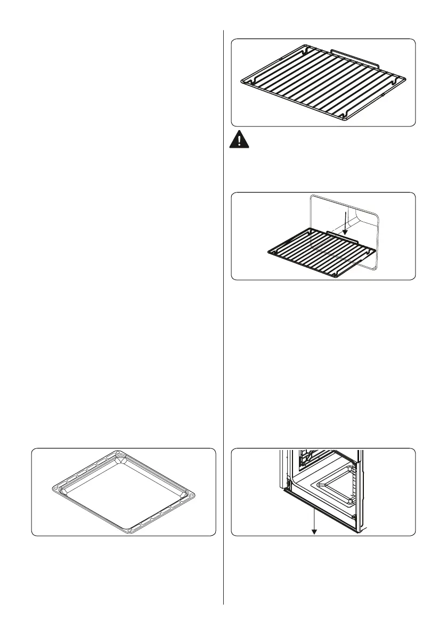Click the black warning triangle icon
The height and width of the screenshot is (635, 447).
tap(240, 141)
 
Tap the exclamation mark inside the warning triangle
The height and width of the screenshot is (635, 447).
tap(240, 142)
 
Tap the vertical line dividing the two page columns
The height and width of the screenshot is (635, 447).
tap(223, 320)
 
